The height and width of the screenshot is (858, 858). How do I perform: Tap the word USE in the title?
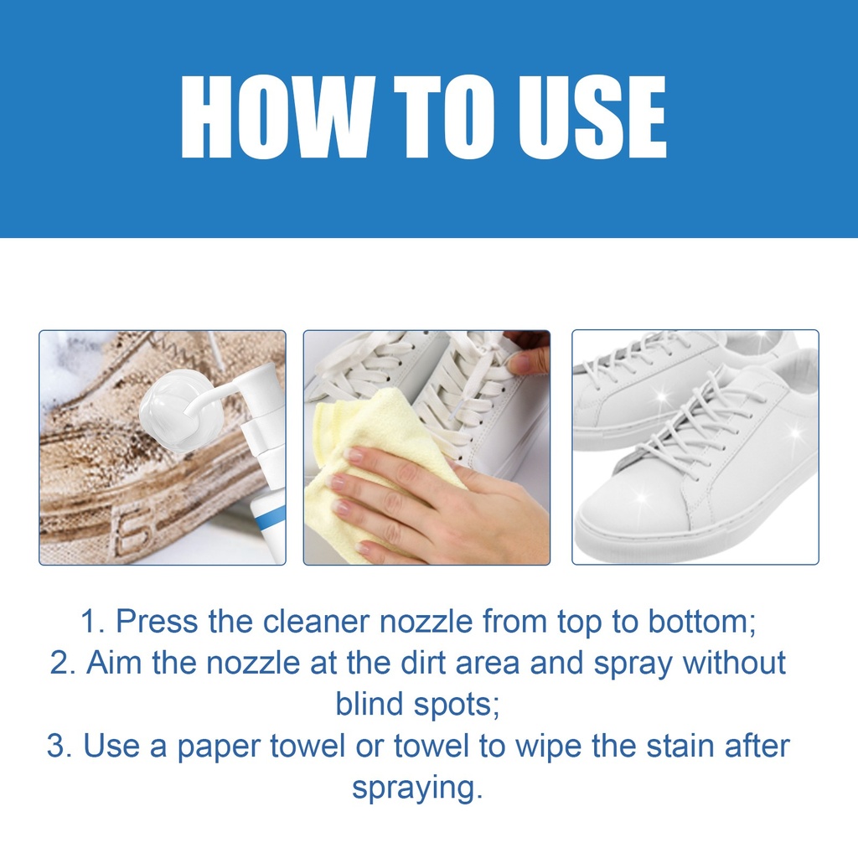click(592, 117)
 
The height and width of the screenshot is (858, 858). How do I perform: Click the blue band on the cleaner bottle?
click(270, 518)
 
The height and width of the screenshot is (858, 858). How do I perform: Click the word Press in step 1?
click(157, 622)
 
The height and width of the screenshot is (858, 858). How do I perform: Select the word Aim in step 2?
click(114, 663)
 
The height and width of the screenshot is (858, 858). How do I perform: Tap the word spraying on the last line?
click(418, 788)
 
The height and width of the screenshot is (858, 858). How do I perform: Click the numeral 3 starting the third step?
click(55, 746)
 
